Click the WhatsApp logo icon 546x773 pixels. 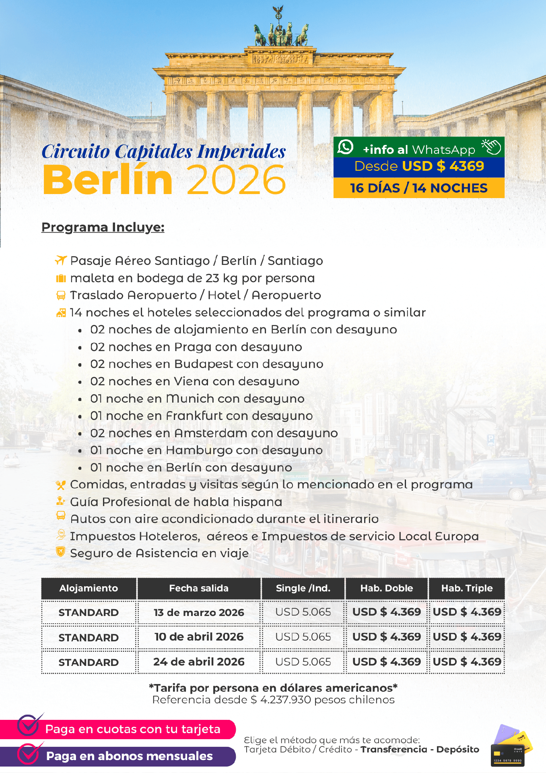(345, 147)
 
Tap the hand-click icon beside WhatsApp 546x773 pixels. (492, 147)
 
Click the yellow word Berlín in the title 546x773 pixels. (108, 180)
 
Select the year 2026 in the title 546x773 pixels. (236, 180)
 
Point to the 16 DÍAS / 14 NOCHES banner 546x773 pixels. (418, 188)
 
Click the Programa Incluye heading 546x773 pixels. (103, 227)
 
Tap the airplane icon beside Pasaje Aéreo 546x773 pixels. (61, 260)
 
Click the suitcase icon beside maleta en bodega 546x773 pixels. (61, 278)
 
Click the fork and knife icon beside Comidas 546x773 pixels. (61, 485)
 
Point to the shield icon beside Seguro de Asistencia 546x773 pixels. (61, 552)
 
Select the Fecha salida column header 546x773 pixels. (199, 588)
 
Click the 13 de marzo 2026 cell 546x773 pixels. (199, 612)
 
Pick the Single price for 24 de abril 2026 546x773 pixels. (303, 661)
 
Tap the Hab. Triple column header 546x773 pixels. (467, 588)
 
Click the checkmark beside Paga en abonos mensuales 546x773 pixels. (29, 754)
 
